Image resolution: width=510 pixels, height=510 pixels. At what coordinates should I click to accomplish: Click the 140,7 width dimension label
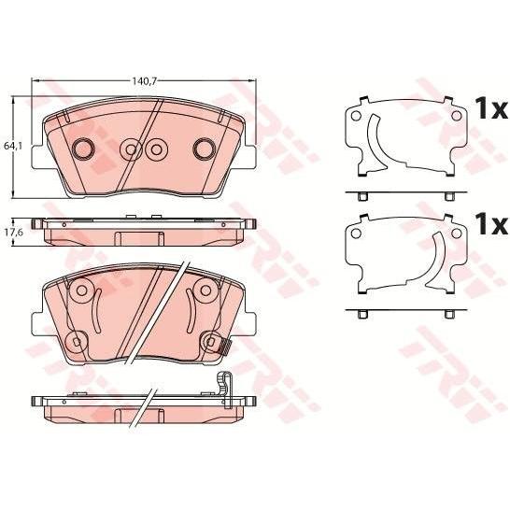[x=145, y=81]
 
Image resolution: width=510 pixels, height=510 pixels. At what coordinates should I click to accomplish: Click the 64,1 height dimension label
[x=13, y=147]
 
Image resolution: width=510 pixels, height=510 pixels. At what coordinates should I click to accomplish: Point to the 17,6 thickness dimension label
[x=13, y=233]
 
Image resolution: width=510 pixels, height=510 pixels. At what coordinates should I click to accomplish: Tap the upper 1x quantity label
[x=490, y=109]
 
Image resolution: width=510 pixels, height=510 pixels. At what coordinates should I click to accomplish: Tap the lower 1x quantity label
[x=490, y=224]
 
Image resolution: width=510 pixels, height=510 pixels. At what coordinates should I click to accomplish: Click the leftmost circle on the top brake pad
[x=82, y=149]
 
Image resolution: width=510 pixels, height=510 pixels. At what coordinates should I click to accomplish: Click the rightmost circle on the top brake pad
[x=204, y=149]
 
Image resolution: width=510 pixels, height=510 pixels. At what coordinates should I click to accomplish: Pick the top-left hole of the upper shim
[x=356, y=115]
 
